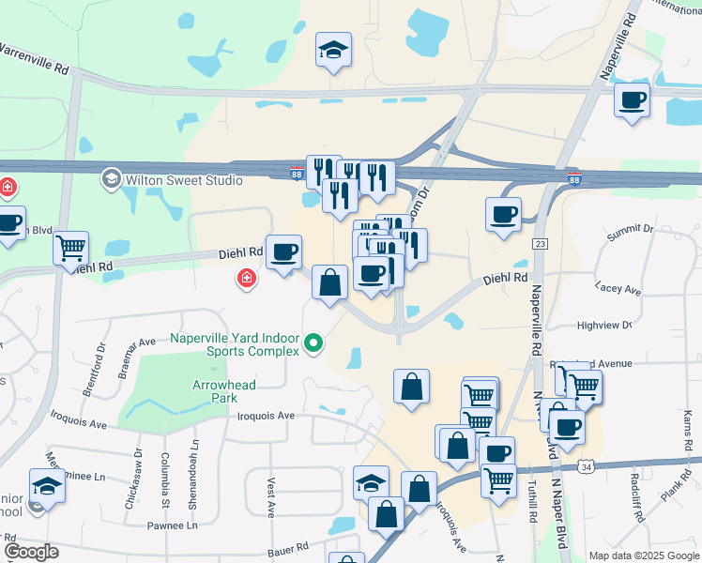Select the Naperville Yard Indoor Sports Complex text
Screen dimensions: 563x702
tap(235, 344)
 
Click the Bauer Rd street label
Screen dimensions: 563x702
tap(288, 546)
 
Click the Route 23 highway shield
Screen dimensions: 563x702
tap(539, 243)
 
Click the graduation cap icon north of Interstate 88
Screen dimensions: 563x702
tap(332, 51)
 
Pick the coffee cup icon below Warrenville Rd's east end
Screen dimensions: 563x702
tap(632, 99)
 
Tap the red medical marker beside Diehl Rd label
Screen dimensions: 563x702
tap(247, 279)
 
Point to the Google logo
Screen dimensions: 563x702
tap(30, 552)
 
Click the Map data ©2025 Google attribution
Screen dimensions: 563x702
tap(644, 555)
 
